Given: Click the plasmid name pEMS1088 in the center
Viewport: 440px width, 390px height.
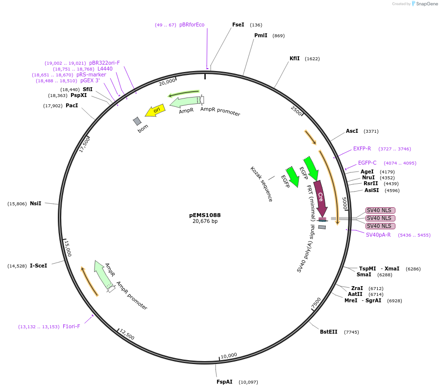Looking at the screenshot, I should tap(205, 215).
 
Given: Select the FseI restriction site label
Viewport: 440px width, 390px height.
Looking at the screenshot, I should tap(238, 24).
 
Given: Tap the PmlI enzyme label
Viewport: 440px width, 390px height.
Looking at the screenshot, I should tap(261, 35).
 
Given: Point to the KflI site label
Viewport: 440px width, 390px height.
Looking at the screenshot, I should tap(294, 58).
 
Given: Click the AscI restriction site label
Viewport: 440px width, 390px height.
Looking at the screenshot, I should tap(352, 131).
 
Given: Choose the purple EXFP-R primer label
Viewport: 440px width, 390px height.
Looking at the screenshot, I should tap(362, 148).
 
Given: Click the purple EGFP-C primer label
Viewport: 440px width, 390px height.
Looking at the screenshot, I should tap(367, 163).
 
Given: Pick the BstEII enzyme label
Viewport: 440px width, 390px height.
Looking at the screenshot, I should tap(328, 332).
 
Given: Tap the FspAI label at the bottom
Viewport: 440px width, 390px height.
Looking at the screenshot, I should tap(224, 382).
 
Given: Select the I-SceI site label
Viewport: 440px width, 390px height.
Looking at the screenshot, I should tap(38, 266).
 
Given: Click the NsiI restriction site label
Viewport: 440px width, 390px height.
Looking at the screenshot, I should tap(35, 203).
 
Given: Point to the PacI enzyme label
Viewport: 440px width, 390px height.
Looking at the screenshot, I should tap(72, 105).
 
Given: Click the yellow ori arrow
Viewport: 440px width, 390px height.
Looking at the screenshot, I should tap(155, 111).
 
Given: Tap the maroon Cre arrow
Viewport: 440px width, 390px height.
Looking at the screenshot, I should tap(320, 198).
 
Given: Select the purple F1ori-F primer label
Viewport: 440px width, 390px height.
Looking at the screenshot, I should tap(71, 326).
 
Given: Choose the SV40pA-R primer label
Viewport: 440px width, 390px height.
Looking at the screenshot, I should tap(378, 235).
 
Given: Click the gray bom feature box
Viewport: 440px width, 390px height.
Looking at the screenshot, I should tap(137, 121).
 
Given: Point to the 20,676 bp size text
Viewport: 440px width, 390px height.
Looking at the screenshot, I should tap(205, 221).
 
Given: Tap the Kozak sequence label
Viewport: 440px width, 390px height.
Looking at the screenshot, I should tap(261, 184).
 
